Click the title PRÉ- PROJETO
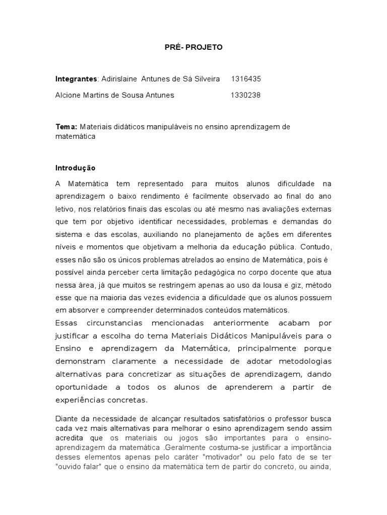click(193, 47)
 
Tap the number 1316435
click(245, 79)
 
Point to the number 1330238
click(245, 95)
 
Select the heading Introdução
click(75, 167)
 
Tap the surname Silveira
click(204, 79)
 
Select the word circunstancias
click(114, 322)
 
